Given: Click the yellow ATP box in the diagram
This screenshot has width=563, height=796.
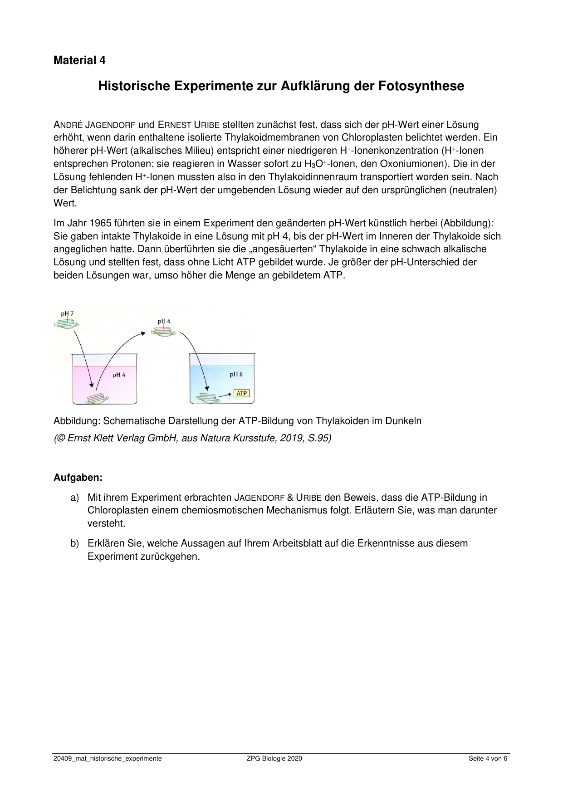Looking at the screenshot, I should point(241,393).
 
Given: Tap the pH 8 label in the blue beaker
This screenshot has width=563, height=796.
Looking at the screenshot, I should point(236,375).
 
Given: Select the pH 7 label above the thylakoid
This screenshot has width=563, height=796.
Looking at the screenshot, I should point(67,314).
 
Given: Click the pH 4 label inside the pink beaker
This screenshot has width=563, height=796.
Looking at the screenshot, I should point(119,375).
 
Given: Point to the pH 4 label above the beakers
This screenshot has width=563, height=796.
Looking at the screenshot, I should point(164,322).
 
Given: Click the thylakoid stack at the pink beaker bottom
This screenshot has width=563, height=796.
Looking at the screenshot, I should point(97,398).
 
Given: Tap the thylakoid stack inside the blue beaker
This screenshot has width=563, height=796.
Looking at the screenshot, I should point(206,398).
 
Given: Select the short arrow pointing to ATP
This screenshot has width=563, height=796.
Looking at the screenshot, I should point(225,395).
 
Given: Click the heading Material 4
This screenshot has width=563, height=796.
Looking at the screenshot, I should point(79,60).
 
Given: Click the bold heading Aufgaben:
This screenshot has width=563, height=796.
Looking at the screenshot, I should point(78,478).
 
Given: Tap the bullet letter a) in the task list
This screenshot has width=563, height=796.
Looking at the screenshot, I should point(74,498).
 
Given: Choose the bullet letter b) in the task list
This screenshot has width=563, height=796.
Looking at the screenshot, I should point(74,543).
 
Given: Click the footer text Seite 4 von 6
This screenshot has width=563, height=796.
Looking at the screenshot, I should point(488,758).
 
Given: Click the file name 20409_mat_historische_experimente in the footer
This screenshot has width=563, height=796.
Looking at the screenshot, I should point(108,758).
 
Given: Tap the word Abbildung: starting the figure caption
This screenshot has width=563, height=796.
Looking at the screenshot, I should point(77,421).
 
